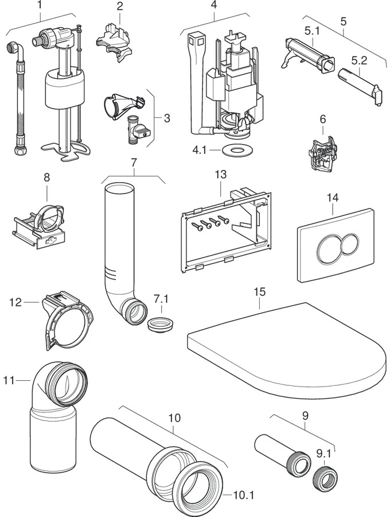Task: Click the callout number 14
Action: pyautogui.click(x=333, y=196)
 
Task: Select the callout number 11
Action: pyautogui.click(x=10, y=380)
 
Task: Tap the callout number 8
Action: pyautogui.click(x=46, y=179)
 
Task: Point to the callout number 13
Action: pyautogui.click(x=221, y=174)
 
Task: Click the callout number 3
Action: pyautogui.click(x=167, y=118)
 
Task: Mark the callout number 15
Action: pyautogui.click(x=260, y=292)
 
